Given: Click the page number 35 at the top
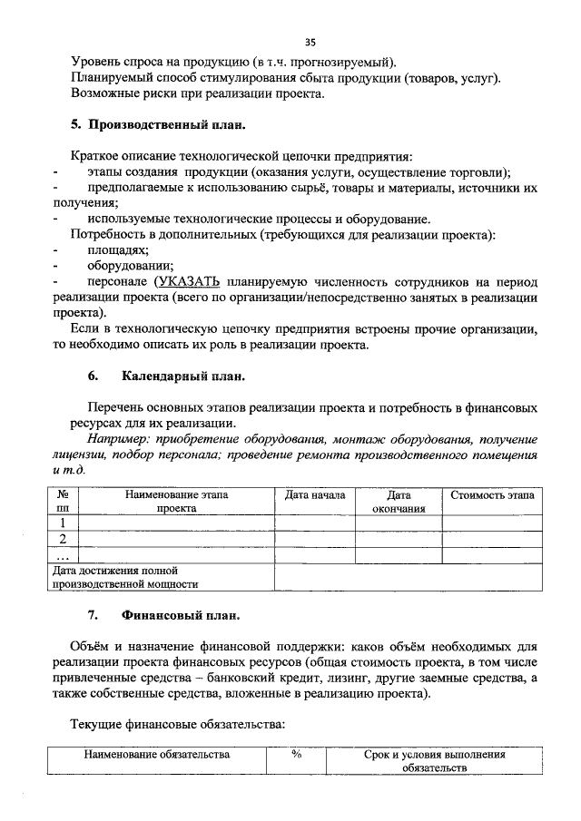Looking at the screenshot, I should click(x=310, y=42).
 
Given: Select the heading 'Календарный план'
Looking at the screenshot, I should click(x=182, y=376).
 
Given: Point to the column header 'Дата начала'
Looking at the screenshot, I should click(x=314, y=495).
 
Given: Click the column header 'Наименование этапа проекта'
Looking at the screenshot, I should click(x=176, y=502).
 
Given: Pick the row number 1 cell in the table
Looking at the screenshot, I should click(x=63, y=523).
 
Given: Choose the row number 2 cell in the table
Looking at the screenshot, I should click(x=63, y=539).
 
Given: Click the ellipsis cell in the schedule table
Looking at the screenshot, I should click(x=63, y=554).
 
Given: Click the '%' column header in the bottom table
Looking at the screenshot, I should click(x=296, y=753).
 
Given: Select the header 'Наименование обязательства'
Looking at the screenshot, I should click(x=157, y=754).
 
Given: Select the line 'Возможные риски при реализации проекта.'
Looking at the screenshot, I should click(x=197, y=93).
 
